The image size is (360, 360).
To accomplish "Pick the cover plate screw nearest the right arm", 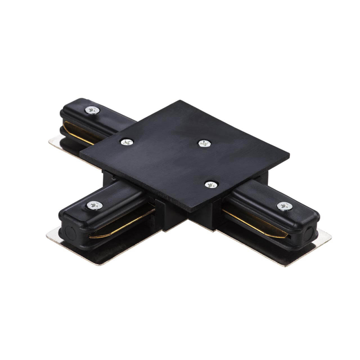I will [210, 184].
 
